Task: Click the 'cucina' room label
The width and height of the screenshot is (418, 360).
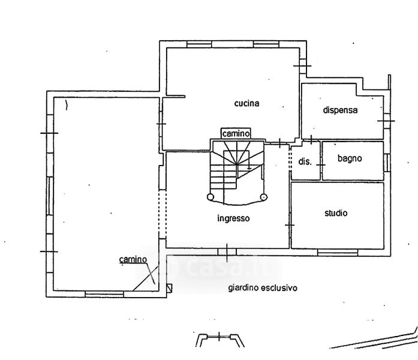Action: click(246, 104)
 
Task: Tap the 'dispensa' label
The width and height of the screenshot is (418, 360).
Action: click(340, 110)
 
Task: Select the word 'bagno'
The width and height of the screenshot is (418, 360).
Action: click(349, 159)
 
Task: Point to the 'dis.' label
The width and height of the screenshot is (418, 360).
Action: click(305, 161)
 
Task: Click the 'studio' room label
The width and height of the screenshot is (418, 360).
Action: click(336, 213)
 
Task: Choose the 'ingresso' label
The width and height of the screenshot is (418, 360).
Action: click(233, 218)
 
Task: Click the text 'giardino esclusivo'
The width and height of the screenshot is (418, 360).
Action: click(263, 288)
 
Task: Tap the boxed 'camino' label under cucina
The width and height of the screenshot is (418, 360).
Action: click(236, 133)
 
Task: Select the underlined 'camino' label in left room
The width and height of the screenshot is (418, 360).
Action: click(133, 259)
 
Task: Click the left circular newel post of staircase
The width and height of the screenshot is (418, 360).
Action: click(210, 197)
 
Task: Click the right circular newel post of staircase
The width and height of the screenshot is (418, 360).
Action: click(264, 197)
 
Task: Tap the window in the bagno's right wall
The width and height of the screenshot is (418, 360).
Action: click(387, 162)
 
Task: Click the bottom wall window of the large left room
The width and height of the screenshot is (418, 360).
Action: click(104, 293)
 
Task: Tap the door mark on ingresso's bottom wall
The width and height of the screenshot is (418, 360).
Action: click(228, 249)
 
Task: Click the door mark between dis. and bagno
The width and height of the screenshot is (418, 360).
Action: click(321, 161)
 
